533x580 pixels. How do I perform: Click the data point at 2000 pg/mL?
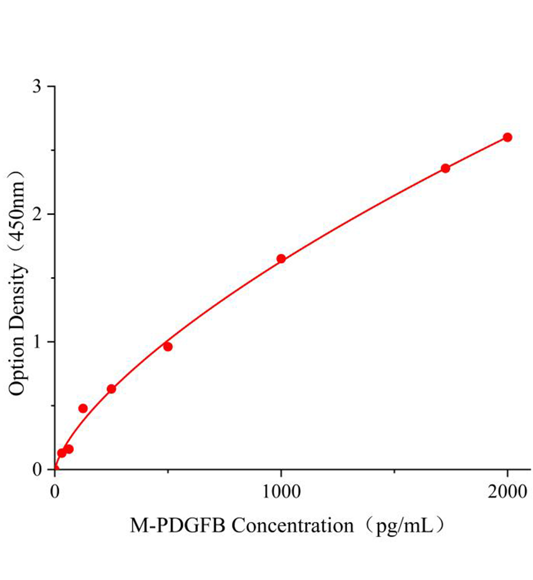(x=507, y=137)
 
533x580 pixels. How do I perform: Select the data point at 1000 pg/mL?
(x=281, y=259)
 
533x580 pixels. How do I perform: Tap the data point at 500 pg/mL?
(x=168, y=347)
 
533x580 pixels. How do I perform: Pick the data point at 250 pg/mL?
(x=111, y=389)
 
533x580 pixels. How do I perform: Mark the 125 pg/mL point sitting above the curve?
(x=83, y=408)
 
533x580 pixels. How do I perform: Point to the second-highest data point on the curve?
(x=445, y=168)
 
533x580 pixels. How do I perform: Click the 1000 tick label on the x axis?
(x=281, y=493)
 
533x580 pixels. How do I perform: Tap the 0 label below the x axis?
(x=55, y=493)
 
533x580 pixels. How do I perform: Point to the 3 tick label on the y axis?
(x=37, y=87)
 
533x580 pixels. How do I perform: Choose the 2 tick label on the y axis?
(x=37, y=214)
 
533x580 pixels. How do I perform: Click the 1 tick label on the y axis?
(x=37, y=342)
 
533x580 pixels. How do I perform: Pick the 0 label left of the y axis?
(x=37, y=469)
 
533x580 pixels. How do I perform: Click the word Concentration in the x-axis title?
(x=293, y=525)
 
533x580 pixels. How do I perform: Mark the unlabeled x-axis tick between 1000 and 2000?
(x=394, y=471)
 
